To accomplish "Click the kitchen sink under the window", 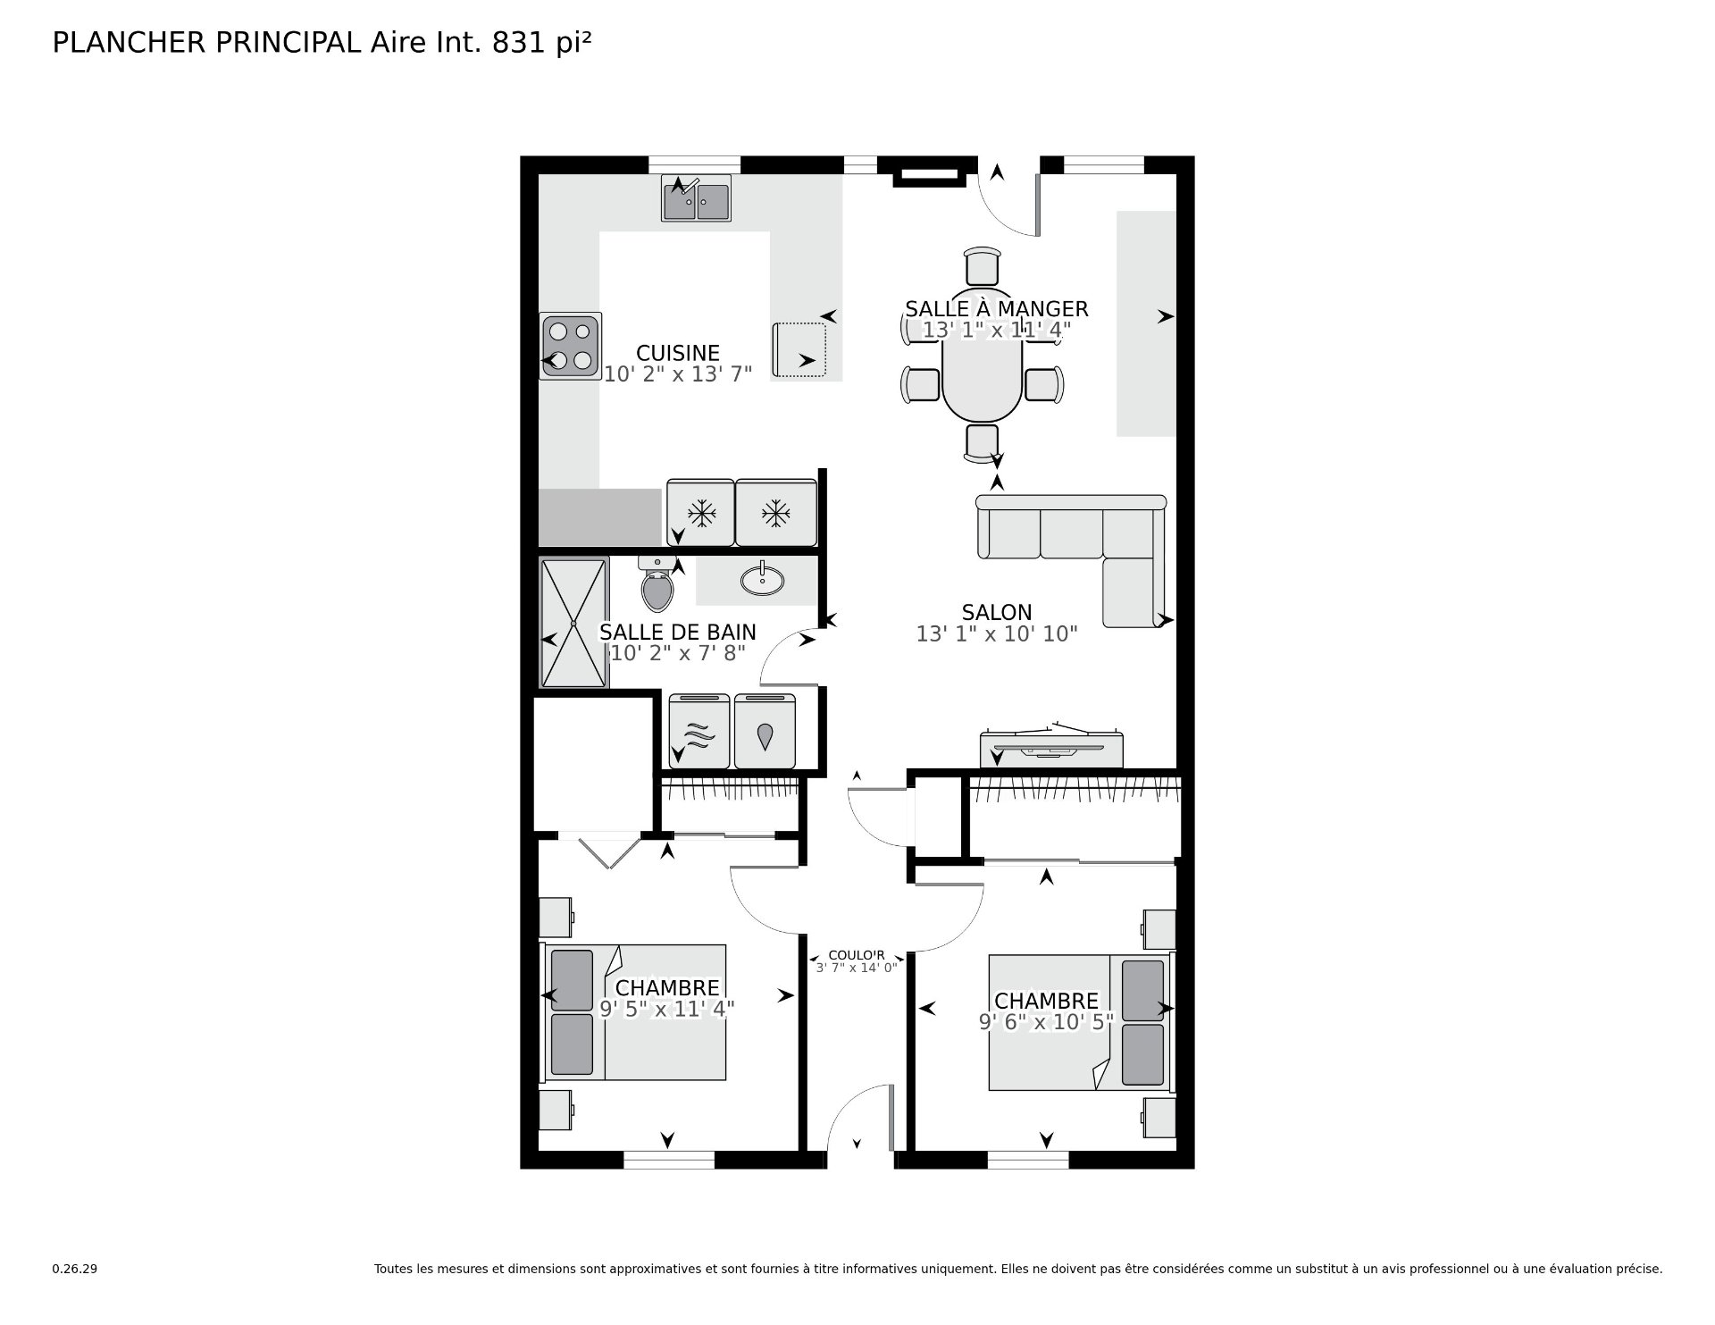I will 696,198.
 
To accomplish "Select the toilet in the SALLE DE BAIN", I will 657,588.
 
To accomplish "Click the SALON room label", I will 997,613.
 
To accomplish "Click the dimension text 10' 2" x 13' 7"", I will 678,374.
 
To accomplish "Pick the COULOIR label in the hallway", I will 856,955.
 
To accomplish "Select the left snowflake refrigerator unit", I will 701,513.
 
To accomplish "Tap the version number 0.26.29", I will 75,1269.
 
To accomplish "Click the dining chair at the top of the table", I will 982,267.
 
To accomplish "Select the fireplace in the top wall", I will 930,175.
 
